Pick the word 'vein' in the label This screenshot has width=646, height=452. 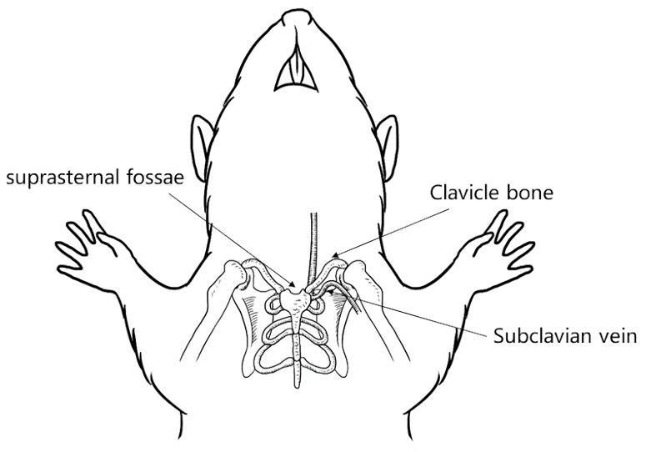[x=616, y=337]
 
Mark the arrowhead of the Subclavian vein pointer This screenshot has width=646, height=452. [x=331, y=292]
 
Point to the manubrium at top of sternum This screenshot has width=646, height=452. [x=294, y=299]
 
